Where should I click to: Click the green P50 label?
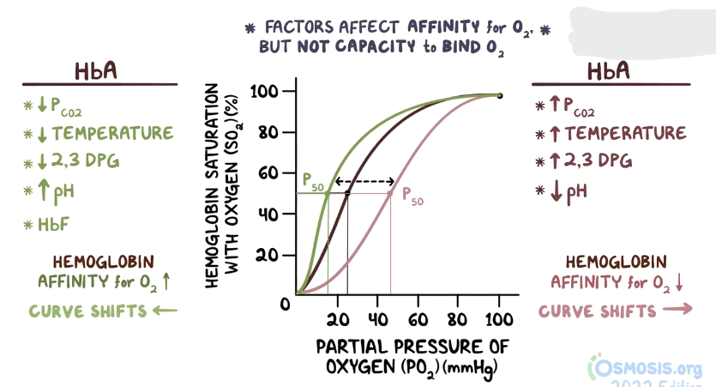(x=312, y=180)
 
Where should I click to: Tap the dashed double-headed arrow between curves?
(x=364, y=182)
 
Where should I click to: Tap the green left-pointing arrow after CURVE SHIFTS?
(x=164, y=310)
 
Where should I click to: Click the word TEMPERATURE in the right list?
(x=625, y=133)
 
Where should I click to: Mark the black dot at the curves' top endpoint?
(x=499, y=95)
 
